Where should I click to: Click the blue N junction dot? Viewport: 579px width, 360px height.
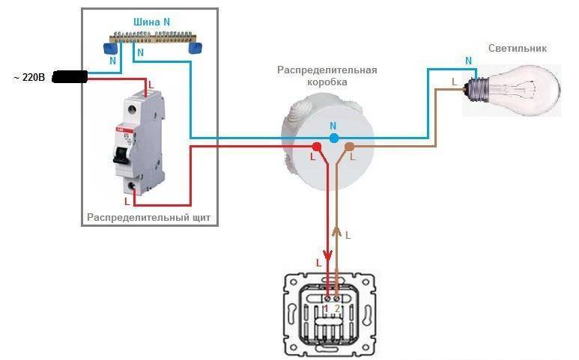point(333,138)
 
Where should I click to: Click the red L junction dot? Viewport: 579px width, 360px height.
point(316,147)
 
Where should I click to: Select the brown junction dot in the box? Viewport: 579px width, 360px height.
point(349,147)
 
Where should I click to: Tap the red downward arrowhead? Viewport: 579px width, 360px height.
point(327,255)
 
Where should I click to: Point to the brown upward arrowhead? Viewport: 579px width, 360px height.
point(336,231)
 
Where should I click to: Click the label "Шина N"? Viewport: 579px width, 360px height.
point(151,22)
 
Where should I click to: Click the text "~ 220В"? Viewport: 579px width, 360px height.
point(29,77)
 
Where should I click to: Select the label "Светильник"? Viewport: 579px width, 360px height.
point(518,49)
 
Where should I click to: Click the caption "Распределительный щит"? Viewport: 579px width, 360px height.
point(149,217)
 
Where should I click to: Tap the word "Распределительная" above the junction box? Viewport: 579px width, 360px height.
point(327,70)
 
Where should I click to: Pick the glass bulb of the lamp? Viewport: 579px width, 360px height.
point(524,91)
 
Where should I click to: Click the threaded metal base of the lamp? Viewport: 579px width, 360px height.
point(476,89)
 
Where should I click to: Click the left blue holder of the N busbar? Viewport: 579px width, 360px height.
point(110,48)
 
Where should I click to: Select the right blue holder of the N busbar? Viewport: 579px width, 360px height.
point(195,48)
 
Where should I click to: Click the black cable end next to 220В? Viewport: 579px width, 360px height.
point(70,77)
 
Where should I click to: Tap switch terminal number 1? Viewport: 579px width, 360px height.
point(327,297)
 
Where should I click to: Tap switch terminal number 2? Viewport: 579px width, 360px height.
point(337,297)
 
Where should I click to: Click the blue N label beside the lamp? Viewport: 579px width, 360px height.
point(469,61)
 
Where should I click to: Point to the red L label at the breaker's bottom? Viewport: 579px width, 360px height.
point(127,201)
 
